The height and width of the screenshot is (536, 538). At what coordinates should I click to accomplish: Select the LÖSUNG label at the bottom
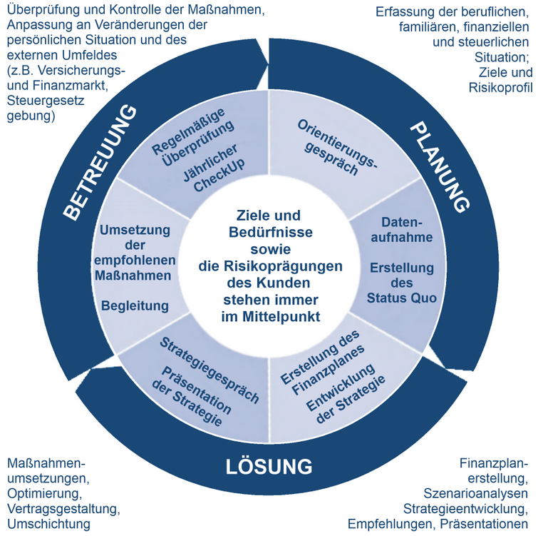point(269,467)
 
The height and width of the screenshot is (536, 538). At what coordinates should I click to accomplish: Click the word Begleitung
point(135,306)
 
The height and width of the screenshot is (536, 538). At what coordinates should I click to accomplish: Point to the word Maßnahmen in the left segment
point(135,275)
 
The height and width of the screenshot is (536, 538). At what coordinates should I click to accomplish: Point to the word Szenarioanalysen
point(475,493)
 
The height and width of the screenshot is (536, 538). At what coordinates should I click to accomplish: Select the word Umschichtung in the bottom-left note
point(49,524)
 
